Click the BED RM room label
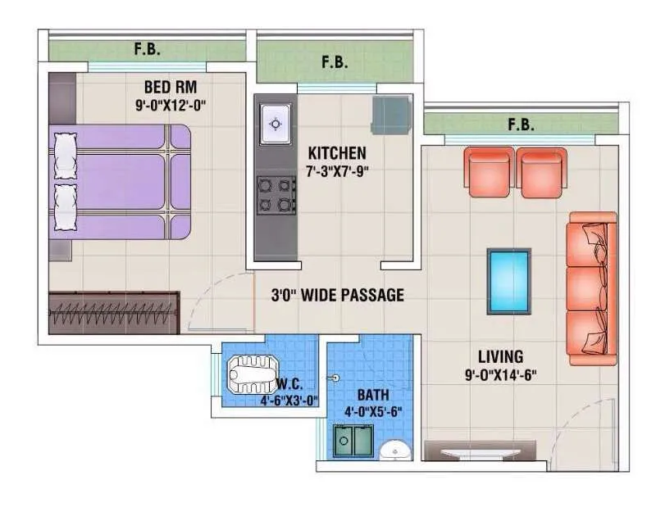(x=171, y=87)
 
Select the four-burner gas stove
(x=276, y=195)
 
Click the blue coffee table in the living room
(x=509, y=281)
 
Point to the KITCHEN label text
(x=337, y=153)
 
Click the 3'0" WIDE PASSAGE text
(x=337, y=295)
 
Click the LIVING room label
(x=500, y=356)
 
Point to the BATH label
(x=373, y=395)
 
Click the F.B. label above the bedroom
(x=148, y=49)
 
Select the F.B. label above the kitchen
(x=334, y=61)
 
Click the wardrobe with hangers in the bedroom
(x=113, y=312)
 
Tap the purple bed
(x=121, y=182)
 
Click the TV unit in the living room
(x=480, y=450)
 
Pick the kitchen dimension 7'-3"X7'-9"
(x=337, y=171)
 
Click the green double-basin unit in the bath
(x=353, y=441)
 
